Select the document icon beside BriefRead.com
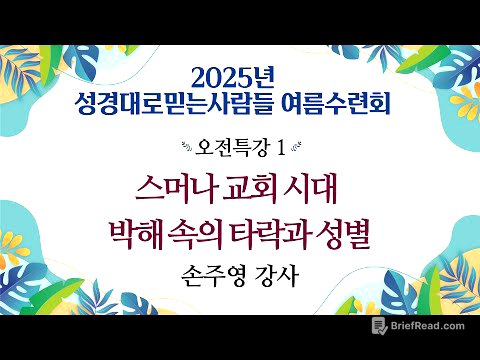(379, 326)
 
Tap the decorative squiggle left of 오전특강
(175, 147)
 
